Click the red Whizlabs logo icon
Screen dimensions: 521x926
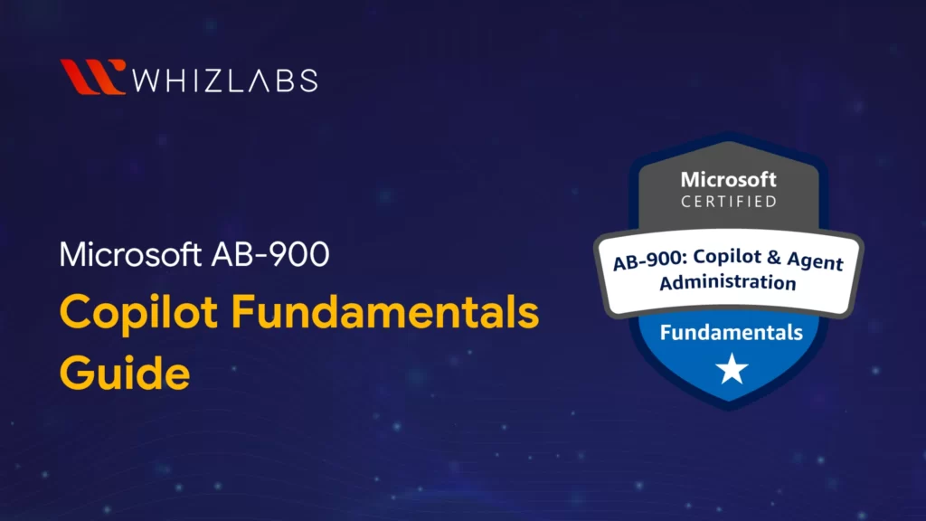[92, 77]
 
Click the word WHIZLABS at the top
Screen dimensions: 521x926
[224, 79]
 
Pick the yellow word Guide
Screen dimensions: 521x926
[125, 371]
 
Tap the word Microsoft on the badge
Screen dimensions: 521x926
[728, 178]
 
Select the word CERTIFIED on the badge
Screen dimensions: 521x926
[728, 201]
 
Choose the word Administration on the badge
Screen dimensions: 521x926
[728, 282]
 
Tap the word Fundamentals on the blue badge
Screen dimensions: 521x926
[731, 332]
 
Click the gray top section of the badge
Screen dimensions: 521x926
[728, 163]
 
